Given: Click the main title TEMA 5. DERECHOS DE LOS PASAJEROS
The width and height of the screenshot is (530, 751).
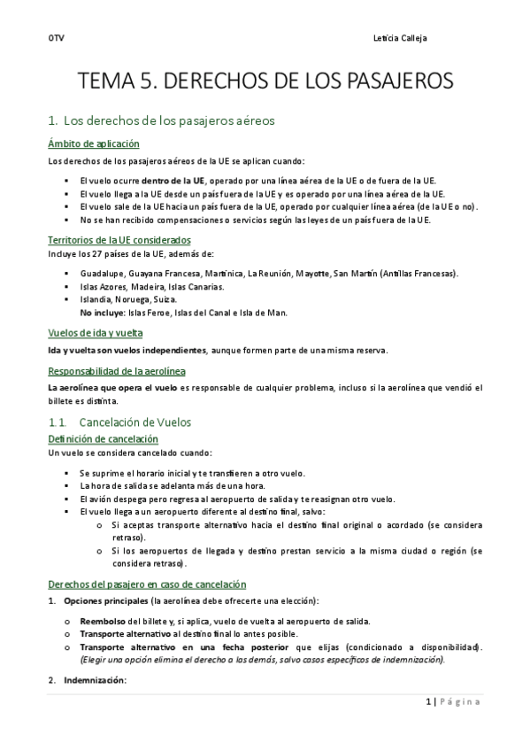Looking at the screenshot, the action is (x=265, y=82).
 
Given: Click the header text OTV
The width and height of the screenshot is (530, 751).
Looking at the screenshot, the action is (x=55, y=37).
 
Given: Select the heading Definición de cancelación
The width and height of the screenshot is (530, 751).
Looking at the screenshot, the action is (x=103, y=438).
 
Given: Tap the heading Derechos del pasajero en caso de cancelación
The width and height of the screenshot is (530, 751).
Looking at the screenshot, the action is (x=146, y=585).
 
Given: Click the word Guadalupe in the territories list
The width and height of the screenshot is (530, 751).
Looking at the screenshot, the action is (x=101, y=273).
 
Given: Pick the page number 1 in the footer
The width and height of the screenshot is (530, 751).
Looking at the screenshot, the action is (x=427, y=701).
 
